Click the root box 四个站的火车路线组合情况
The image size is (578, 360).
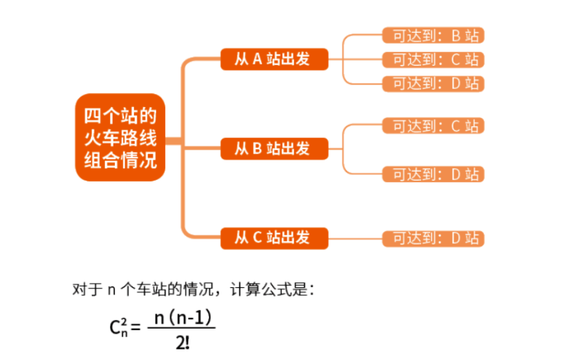tap(120, 138)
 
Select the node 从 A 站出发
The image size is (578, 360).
tap(274, 59)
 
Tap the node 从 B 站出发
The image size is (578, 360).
tap(274, 148)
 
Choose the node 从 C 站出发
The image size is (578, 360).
tap(274, 238)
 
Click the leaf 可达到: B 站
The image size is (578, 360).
tap(434, 36)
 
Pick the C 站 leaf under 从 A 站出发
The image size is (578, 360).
tap(434, 60)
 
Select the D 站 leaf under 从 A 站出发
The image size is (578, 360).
tap(434, 83)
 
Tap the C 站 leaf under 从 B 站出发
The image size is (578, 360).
tap(434, 126)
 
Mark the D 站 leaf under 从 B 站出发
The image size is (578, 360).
tap(434, 174)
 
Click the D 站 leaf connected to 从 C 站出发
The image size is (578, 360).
tap(434, 238)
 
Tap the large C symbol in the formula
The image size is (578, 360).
tap(116, 328)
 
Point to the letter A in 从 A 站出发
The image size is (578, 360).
tap(256, 59)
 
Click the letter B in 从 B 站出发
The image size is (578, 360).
tap(256, 148)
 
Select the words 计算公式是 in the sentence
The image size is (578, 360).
tap(275, 289)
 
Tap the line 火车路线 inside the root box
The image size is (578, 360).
tap(120, 138)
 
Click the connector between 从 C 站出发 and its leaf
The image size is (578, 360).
tap(355, 238)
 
